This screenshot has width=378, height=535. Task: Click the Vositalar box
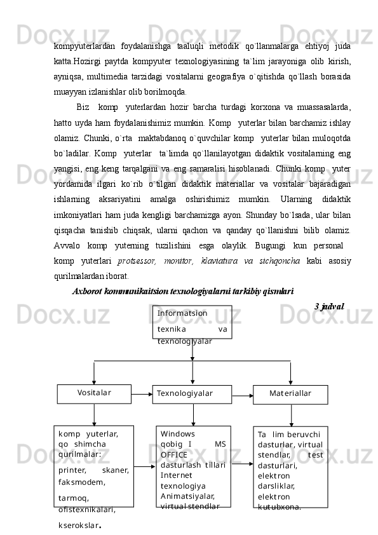point(94,393)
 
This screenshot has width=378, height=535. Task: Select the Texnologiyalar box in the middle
point(192,394)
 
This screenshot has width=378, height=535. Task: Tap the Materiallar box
point(290,394)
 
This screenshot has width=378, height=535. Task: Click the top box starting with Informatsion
point(192,322)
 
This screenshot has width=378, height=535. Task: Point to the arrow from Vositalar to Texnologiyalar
point(142,394)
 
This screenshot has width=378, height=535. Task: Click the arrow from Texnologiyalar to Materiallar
point(242,395)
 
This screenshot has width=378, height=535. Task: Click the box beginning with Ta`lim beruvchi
point(290,467)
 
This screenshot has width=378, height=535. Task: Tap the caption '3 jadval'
point(329,306)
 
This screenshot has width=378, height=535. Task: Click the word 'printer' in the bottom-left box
point(72,470)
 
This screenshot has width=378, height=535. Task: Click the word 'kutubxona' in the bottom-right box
point(279,507)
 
